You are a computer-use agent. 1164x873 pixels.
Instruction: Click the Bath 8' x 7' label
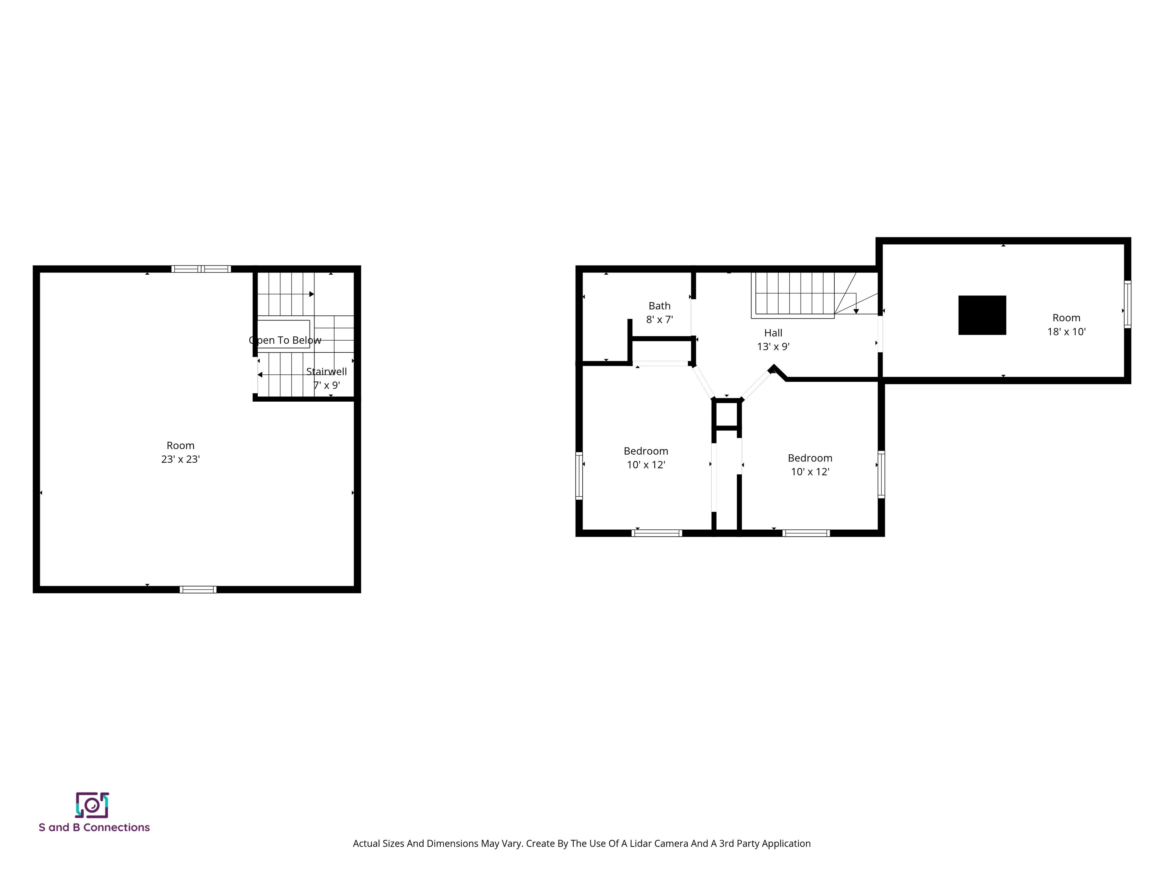[x=659, y=313]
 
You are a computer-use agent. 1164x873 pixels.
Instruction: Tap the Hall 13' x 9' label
[x=773, y=339]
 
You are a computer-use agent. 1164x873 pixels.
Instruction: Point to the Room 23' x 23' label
[x=180, y=452]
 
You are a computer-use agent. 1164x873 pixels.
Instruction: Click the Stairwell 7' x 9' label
[x=326, y=378]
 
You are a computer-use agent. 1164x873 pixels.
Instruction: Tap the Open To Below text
[x=285, y=340]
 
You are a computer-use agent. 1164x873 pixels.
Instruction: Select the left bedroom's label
[x=646, y=458]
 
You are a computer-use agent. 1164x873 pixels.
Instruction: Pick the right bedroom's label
[x=810, y=465]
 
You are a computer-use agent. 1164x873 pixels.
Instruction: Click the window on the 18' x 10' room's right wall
[x=1127, y=304]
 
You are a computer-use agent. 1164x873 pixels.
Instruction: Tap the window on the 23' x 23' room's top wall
[x=201, y=269]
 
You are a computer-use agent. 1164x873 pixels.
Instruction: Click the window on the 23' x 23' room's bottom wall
[x=198, y=589]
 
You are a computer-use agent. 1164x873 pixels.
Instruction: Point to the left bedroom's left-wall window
[x=579, y=475]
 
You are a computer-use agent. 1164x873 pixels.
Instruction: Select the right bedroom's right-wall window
[x=881, y=474]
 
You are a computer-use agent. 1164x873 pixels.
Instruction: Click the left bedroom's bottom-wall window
[x=657, y=533]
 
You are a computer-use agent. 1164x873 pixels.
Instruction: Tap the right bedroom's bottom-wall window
[x=806, y=533]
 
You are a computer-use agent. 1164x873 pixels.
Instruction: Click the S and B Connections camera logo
[x=92, y=805]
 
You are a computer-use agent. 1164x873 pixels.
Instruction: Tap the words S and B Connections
[x=94, y=827]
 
